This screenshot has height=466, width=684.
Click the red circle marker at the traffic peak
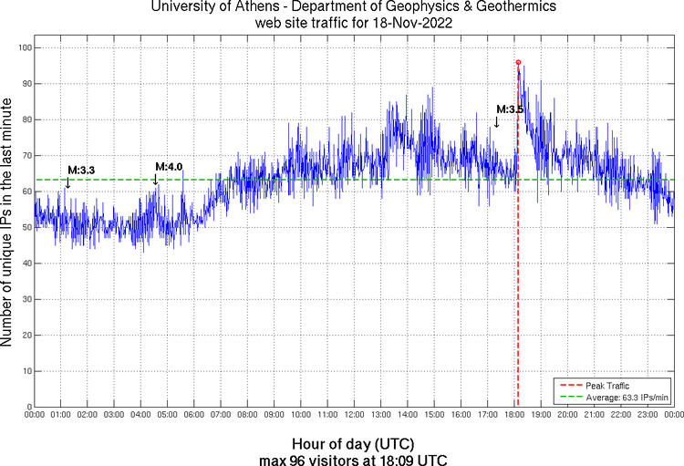coord(518,62)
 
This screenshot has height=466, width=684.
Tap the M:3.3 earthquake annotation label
coord(81,171)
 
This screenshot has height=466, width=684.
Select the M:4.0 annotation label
coord(169,167)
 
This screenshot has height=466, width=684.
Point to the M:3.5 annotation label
coord(510,109)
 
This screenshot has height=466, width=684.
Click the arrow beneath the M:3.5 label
coord(496,122)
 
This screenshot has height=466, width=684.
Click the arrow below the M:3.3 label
coord(67,182)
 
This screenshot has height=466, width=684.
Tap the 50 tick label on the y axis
coord(25,227)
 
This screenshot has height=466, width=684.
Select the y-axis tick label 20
coord(25,335)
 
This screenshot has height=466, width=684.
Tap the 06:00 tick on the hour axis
coord(194,415)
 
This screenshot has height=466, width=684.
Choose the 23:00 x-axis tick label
coord(647,415)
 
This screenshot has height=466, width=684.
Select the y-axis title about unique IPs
coord(8,224)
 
